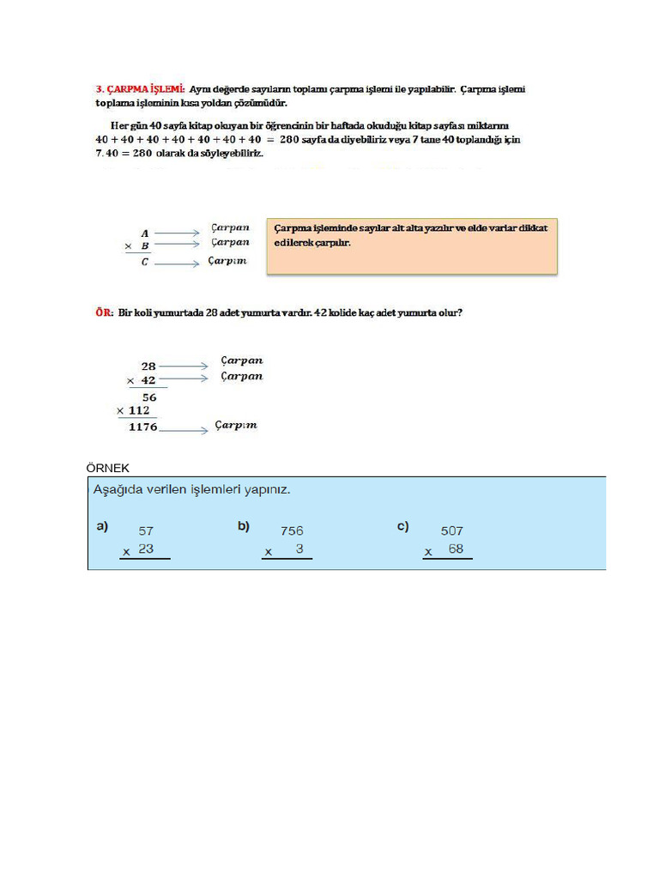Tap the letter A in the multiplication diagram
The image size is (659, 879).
tap(145, 233)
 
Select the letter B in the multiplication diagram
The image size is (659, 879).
tap(145, 246)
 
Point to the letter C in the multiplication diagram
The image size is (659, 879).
tap(145, 263)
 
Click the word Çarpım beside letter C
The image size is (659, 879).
tap(227, 261)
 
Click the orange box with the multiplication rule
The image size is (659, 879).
tap(412, 246)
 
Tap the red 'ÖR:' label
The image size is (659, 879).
tap(104, 313)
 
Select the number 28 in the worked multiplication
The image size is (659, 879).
tap(148, 366)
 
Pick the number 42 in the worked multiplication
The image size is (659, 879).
tap(148, 380)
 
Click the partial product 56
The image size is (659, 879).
tap(149, 397)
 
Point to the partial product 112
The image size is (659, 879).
tap(138, 410)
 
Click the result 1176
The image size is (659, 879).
tap(142, 427)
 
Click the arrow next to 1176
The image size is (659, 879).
tap(184, 429)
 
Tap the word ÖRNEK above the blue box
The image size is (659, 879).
tap(107, 468)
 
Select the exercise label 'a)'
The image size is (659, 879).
tap(102, 526)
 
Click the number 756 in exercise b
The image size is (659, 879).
tap(292, 530)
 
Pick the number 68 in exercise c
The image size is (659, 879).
tap(456, 549)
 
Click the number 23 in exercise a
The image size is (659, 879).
tap(146, 549)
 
